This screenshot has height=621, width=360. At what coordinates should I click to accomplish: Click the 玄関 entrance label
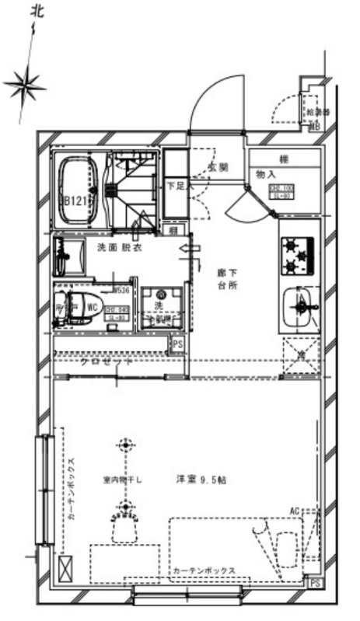tap(218, 167)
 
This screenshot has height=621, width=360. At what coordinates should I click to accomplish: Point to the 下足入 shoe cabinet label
tap(177, 187)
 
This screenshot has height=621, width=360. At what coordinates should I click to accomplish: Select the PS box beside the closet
tap(178, 344)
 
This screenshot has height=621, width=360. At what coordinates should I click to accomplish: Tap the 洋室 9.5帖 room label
tap(201, 480)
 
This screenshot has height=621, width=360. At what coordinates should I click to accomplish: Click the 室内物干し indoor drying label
tap(123, 480)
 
